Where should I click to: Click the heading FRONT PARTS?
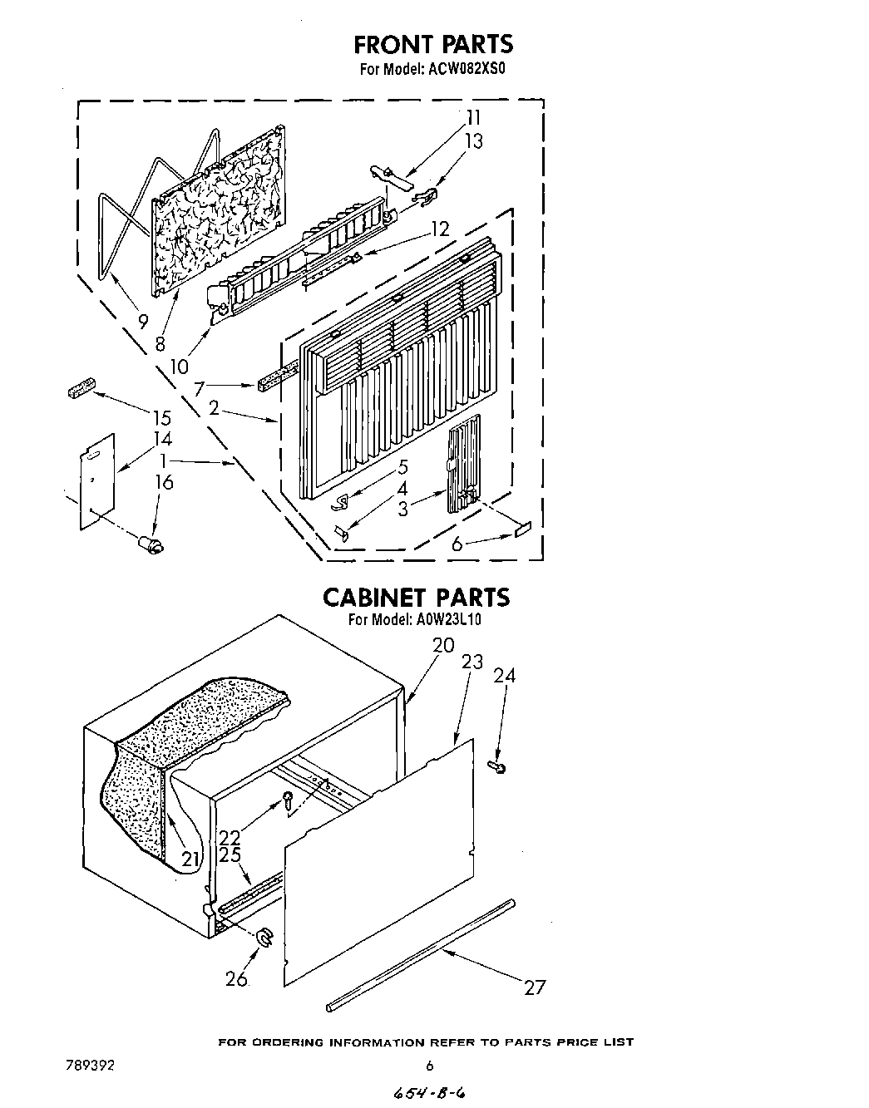pyautogui.click(x=433, y=43)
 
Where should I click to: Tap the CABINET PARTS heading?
pyautogui.click(x=415, y=597)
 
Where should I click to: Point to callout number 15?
pyautogui.click(x=161, y=418)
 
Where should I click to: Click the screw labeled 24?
pyautogui.click(x=496, y=767)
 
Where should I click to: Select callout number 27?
pyautogui.click(x=535, y=987)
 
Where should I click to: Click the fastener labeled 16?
pyautogui.click(x=152, y=544)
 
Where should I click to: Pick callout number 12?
pyautogui.click(x=440, y=229)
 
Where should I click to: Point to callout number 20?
pyautogui.click(x=443, y=644)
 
